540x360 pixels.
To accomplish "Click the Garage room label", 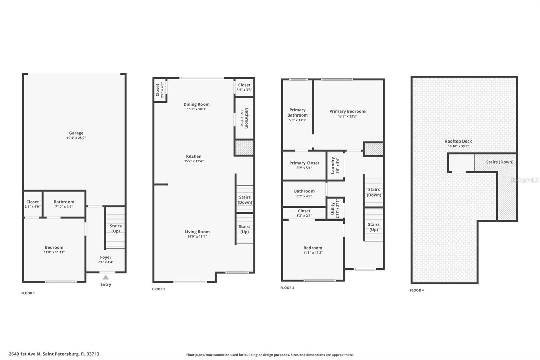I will (76, 133).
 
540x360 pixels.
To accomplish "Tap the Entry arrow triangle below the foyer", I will (106, 277).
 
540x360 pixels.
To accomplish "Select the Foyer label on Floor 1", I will (106, 257).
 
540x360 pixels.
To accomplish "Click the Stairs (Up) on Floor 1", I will (115, 228).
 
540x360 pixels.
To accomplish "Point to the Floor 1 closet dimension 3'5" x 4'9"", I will (32, 207).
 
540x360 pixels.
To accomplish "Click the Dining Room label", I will (196, 104).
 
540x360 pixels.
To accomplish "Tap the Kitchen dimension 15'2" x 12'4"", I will (194, 161).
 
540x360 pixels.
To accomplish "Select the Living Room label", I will (197, 232).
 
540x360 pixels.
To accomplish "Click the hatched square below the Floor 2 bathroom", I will (244, 148).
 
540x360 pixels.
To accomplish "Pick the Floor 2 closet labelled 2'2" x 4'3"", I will (160, 90).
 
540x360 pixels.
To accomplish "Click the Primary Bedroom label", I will (347, 111).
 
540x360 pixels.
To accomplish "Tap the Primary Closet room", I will (304, 165).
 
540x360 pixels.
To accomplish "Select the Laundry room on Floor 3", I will (335, 165).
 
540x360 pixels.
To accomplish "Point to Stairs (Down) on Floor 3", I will (374, 192).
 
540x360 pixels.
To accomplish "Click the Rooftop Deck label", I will (458, 142).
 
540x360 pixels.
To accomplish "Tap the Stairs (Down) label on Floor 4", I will (500, 162).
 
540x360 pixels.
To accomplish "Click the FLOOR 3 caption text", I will (287, 288).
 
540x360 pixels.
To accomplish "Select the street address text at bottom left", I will (54, 354).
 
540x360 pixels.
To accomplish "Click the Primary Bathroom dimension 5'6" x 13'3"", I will (297, 120).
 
